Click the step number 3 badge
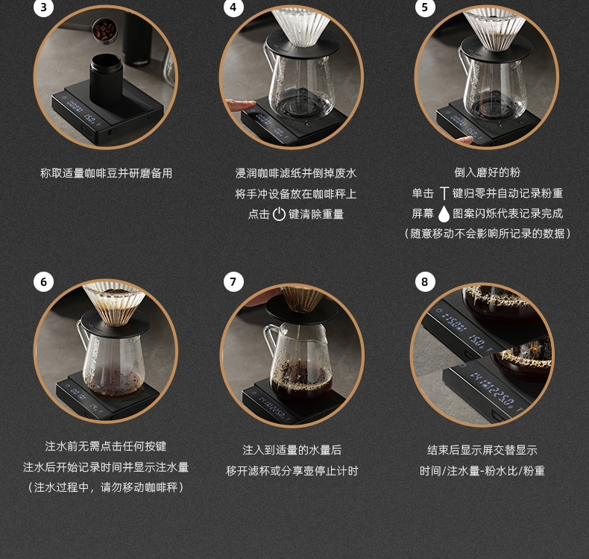(x=43, y=7)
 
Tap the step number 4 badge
(x=233, y=7)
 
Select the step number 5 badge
(x=425, y=7)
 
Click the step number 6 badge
(x=43, y=281)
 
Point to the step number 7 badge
(x=233, y=281)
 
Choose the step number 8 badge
(x=425, y=281)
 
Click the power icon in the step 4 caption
(x=279, y=214)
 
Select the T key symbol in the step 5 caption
(x=444, y=193)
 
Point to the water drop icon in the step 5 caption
(x=444, y=214)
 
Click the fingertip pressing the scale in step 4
(x=242, y=104)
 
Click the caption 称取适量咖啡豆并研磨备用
(x=107, y=173)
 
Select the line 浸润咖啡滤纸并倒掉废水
(x=296, y=173)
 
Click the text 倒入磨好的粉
(x=487, y=172)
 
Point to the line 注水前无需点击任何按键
(x=106, y=446)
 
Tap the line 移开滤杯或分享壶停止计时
(x=292, y=471)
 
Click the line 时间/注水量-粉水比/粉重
(x=482, y=471)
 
